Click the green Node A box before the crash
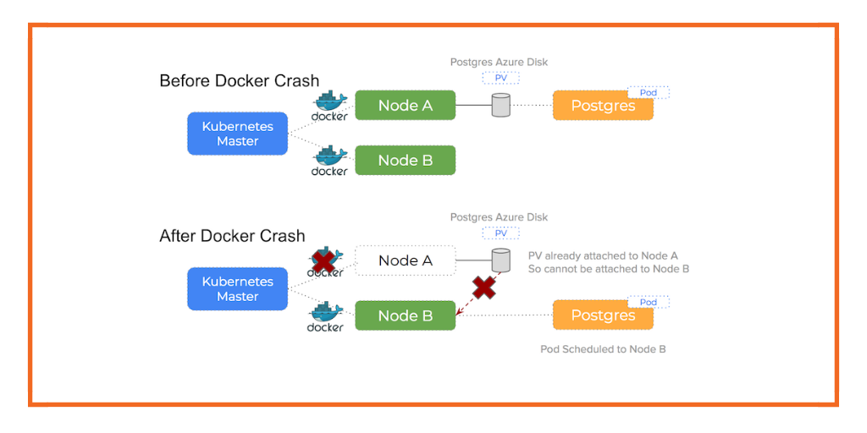[405, 105]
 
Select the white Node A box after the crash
[405, 260]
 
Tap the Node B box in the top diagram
[405, 160]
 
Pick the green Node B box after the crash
[405, 315]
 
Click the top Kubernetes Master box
[237, 134]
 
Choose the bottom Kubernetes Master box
[237, 288]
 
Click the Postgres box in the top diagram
[603, 106]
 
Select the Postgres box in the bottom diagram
[603, 315]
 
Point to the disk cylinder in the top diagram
[501, 106]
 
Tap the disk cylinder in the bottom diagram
[501, 260]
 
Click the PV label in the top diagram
[500, 78]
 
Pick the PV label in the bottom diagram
[500, 233]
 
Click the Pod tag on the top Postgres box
[649, 92]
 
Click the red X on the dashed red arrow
[483, 288]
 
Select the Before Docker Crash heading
[239, 81]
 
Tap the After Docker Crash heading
[232, 236]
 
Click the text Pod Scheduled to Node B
[603, 348]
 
